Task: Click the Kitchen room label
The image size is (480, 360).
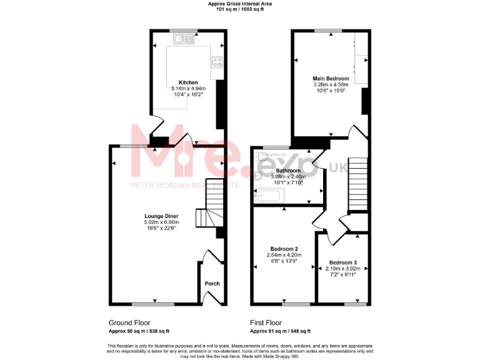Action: coord(188,82)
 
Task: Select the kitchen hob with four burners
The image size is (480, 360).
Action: coord(218,62)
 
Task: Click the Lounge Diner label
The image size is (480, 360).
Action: coord(161,216)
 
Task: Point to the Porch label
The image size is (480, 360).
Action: coord(212,283)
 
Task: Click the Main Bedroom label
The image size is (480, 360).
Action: coord(331,78)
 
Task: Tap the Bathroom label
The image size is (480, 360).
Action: coord(288,171)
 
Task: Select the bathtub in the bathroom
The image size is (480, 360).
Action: coord(269,198)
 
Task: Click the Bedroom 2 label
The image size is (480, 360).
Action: coord(284,249)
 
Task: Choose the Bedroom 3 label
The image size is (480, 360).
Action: coord(343,262)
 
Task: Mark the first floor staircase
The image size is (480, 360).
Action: coord(357,184)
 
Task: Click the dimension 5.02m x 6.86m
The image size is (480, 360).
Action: coord(161,222)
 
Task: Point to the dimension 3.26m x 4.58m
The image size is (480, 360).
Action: coord(331,84)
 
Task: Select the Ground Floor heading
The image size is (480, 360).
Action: coord(129,322)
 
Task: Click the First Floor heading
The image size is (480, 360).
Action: coord(266,322)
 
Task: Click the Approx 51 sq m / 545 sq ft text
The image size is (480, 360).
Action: coord(280,331)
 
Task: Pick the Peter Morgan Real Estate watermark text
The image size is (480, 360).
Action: coord(184,185)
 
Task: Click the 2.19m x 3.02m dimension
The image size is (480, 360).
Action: coord(343,268)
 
